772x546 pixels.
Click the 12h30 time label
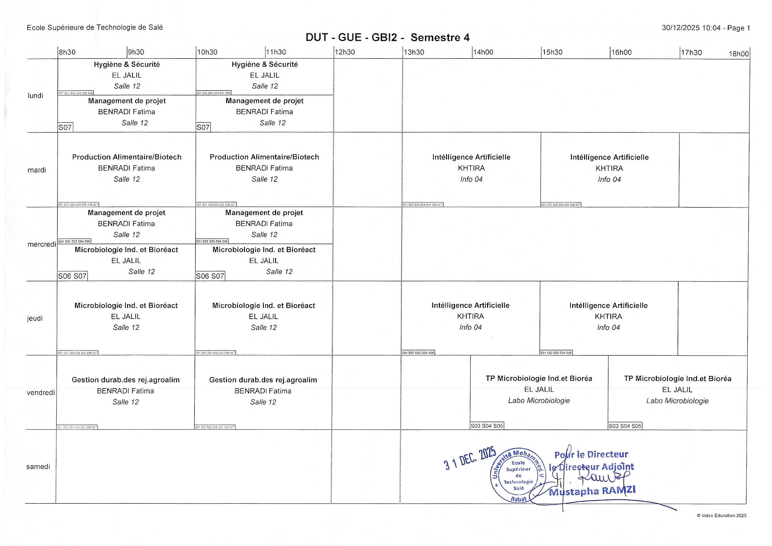[345, 52]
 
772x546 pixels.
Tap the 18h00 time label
[738, 54]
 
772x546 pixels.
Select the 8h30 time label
[67, 52]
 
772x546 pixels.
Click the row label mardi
[37, 170]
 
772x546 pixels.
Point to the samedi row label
[38, 467]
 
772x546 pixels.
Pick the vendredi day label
[41, 392]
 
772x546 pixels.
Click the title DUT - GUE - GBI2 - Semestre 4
[387, 37]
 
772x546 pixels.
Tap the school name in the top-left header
[95, 27]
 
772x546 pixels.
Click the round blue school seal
[518, 475]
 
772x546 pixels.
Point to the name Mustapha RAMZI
[592, 491]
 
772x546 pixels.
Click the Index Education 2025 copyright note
[721, 515]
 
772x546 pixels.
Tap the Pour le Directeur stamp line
[591, 455]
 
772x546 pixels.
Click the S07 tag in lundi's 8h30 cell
[65, 127]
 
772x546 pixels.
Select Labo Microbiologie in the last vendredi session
[677, 401]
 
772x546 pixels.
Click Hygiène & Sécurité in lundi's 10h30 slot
[264, 64]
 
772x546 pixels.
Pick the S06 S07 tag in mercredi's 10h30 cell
[210, 276]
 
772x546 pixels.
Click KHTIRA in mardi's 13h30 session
[471, 168]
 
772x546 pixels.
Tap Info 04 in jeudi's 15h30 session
[608, 327]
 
